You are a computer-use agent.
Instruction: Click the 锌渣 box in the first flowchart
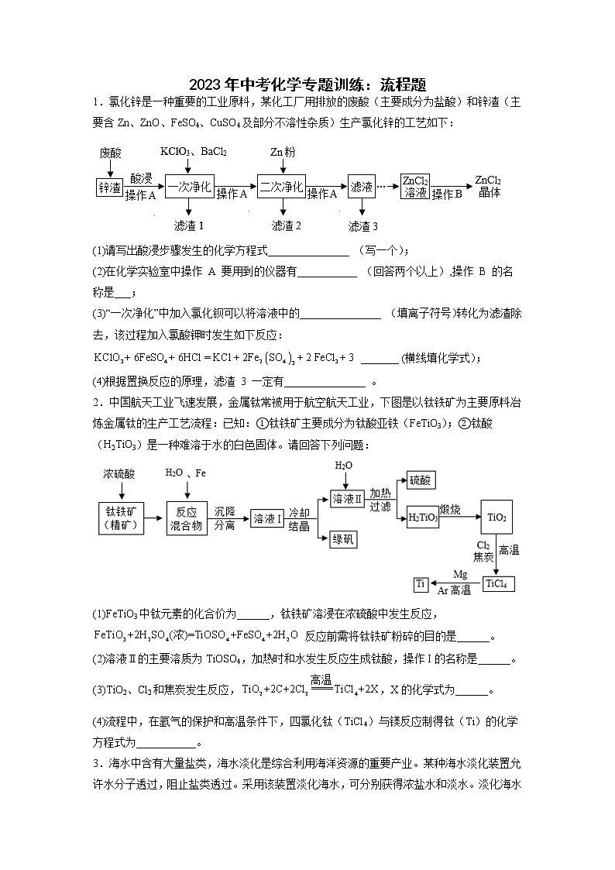click(109, 187)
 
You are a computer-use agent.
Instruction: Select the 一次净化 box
click(190, 187)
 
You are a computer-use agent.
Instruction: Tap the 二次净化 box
click(281, 187)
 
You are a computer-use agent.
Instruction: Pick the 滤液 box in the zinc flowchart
click(362, 187)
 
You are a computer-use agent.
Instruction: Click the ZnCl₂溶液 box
click(415, 187)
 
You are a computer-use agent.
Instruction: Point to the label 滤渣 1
click(189, 225)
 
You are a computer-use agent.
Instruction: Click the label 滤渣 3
click(362, 226)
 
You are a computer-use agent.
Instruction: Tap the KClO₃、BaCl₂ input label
click(193, 152)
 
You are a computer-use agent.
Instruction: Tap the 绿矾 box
click(343, 539)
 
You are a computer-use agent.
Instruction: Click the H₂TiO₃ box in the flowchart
click(422, 518)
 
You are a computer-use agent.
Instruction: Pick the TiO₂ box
click(495, 518)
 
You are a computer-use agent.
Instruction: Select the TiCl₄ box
click(498, 583)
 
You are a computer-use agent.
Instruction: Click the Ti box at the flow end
click(421, 583)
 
